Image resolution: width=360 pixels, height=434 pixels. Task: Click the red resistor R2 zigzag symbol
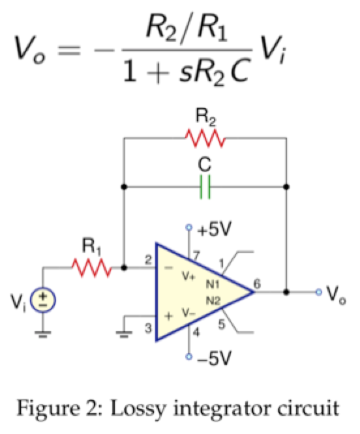click(x=205, y=138)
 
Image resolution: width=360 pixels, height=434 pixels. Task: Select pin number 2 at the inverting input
click(x=148, y=260)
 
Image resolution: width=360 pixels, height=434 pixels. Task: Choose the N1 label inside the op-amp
click(x=213, y=285)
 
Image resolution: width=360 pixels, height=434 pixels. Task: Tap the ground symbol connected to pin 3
click(x=123, y=332)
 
